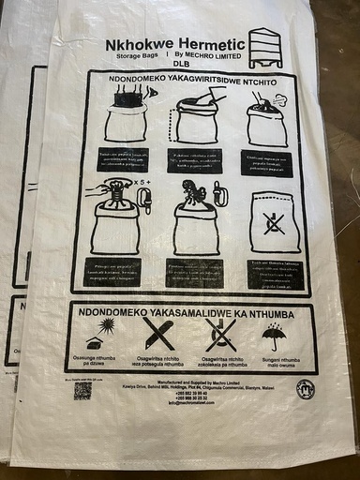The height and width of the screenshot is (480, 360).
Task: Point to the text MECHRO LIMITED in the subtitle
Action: [212, 55]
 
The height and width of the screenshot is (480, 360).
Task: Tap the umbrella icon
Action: [275, 335]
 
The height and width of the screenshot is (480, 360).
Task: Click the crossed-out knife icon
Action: [157, 333]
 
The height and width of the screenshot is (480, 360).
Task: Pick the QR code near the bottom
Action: [83, 388]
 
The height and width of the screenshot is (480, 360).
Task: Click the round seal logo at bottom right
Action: [305, 388]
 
